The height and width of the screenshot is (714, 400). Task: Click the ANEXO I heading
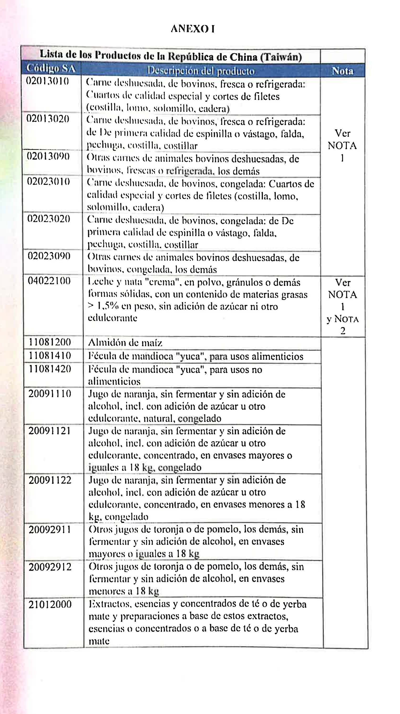click(193, 29)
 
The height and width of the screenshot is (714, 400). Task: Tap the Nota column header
click(343, 71)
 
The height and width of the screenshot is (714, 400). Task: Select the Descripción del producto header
click(201, 71)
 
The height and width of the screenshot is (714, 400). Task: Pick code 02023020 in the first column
click(49, 219)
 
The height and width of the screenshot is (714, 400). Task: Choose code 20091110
click(50, 394)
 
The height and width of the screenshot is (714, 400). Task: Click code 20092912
click(50, 567)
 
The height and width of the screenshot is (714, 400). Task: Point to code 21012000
click(50, 604)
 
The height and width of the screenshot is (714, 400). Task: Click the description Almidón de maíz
click(125, 343)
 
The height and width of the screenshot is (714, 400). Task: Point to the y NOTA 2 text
click(343, 324)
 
